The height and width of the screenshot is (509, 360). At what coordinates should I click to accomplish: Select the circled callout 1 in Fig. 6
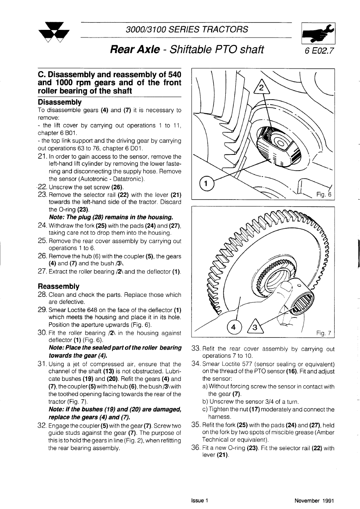pyautogui.click(x=206, y=184)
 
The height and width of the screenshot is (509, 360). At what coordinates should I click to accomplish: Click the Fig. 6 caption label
pyautogui.click(x=323, y=194)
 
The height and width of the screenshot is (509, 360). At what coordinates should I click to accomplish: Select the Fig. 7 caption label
pyautogui.click(x=323, y=333)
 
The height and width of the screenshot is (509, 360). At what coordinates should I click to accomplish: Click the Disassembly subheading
pyautogui.click(x=60, y=102)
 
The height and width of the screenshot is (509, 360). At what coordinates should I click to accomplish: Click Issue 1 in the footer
pyautogui.click(x=200, y=501)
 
